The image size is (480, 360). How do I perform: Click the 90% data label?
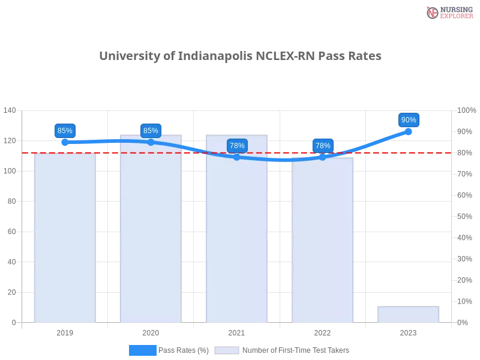click(409, 120)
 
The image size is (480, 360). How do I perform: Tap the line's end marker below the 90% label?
click(409, 131)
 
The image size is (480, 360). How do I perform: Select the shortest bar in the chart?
click(408, 314)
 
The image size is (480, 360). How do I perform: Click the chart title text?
click(239, 56)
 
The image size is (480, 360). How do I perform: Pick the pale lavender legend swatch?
click(227, 350)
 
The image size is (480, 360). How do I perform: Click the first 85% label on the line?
click(64, 130)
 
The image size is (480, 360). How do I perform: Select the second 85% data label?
click(151, 130)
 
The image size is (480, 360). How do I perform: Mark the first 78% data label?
click(237, 145)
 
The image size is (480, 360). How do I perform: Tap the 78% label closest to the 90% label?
click(323, 145)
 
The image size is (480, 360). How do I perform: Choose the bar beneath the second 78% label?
click(322, 240)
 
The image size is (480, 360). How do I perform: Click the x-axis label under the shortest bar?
click(408, 331)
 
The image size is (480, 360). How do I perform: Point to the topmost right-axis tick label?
click(466, 110)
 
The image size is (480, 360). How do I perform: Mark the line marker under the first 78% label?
click(237, 157)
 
